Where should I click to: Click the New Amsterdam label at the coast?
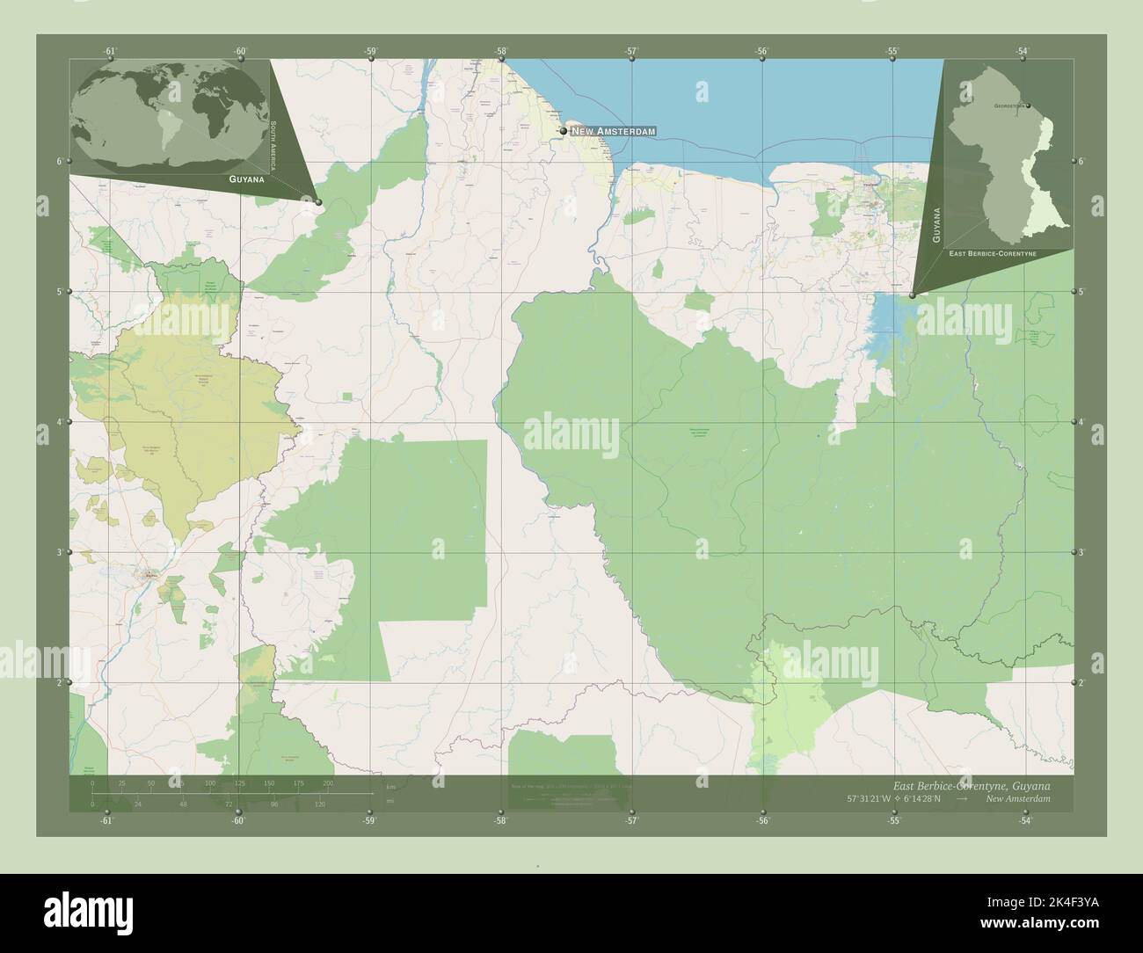[614, 131]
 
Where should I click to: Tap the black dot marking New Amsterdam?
[563, 131]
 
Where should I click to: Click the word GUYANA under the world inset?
[246, 178]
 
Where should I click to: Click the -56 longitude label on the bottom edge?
[762, 821]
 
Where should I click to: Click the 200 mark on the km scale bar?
[329, 782]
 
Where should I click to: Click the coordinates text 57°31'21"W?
[871, 799]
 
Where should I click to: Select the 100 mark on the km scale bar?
[209, 782]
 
